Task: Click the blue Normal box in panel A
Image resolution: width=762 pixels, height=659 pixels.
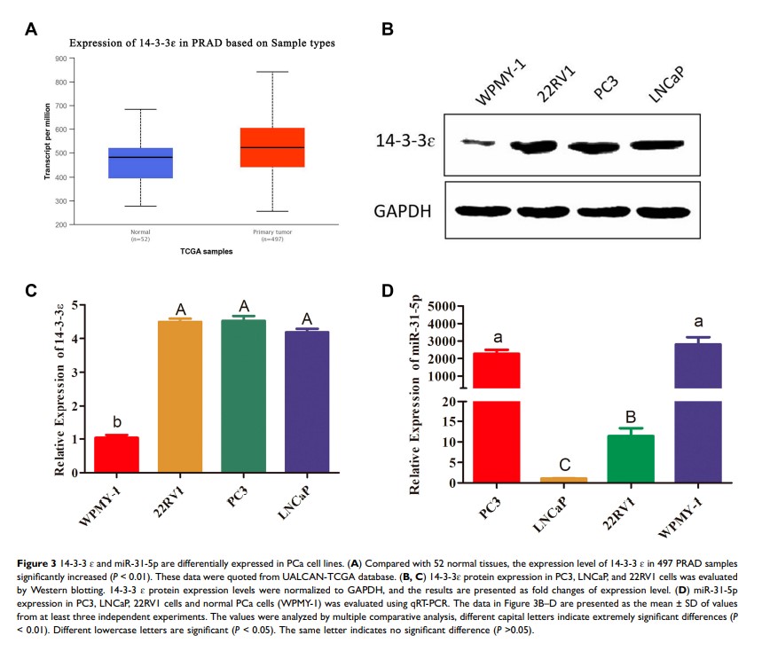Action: [140, 163]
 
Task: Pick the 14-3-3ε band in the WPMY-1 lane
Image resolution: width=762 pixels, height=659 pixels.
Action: [479, 142]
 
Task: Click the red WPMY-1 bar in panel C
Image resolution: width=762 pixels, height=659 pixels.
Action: [116, 456]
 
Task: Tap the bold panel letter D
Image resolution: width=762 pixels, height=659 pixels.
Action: [389, 290]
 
